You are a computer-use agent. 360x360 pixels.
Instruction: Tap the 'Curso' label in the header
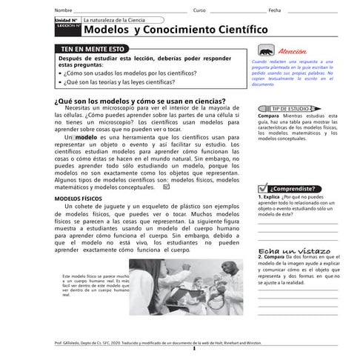(199, 10)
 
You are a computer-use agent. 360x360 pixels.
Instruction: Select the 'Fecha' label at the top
(274, 10)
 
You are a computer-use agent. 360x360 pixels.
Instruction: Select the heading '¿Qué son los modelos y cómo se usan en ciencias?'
(140, 101)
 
